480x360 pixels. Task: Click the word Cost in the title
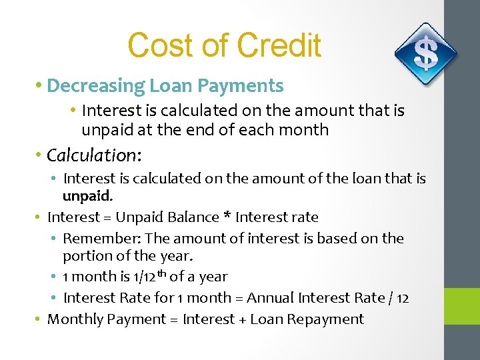pos(154,46)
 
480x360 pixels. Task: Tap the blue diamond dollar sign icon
pos(425,54)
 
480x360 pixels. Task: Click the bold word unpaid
pos(87,197)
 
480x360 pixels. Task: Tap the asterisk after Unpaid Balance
pos(227,217)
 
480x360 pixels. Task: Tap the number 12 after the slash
pos(402,298)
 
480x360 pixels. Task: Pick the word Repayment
pos(331,319)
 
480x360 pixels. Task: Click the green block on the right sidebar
pos(462,307)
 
